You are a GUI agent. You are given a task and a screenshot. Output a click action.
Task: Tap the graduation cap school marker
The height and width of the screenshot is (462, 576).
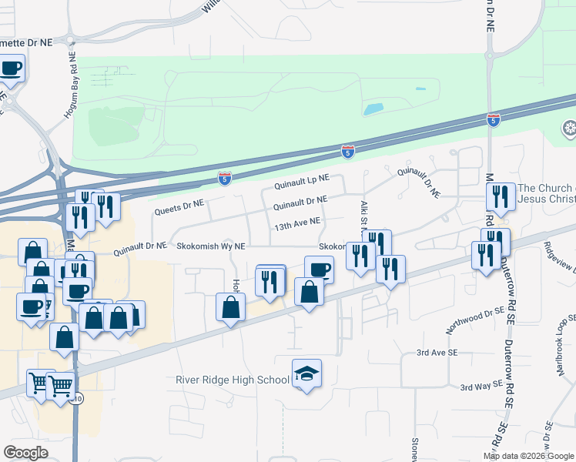point(306,374)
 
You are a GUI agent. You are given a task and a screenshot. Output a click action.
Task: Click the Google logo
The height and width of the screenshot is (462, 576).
point(26,452)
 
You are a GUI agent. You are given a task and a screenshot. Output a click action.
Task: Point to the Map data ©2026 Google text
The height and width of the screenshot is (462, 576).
point(527,456)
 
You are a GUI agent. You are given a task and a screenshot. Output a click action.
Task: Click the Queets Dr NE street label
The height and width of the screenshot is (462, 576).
point(178,206)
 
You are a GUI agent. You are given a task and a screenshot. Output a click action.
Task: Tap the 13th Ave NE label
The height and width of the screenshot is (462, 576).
point(296,225)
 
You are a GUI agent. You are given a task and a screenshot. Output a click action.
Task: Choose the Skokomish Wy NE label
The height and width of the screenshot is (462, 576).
point(209,246)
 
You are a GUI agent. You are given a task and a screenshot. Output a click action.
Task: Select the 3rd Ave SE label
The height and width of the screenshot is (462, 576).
point(437,352)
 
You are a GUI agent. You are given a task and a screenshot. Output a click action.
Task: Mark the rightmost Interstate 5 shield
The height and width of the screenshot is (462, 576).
point(493,120)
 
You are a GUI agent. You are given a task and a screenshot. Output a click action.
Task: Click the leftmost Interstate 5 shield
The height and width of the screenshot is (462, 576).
point(224,179)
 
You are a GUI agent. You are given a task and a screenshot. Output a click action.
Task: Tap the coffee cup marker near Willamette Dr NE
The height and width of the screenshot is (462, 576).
point(11,69)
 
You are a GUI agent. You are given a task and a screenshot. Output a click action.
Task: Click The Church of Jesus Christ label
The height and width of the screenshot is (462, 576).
point(545,193)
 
